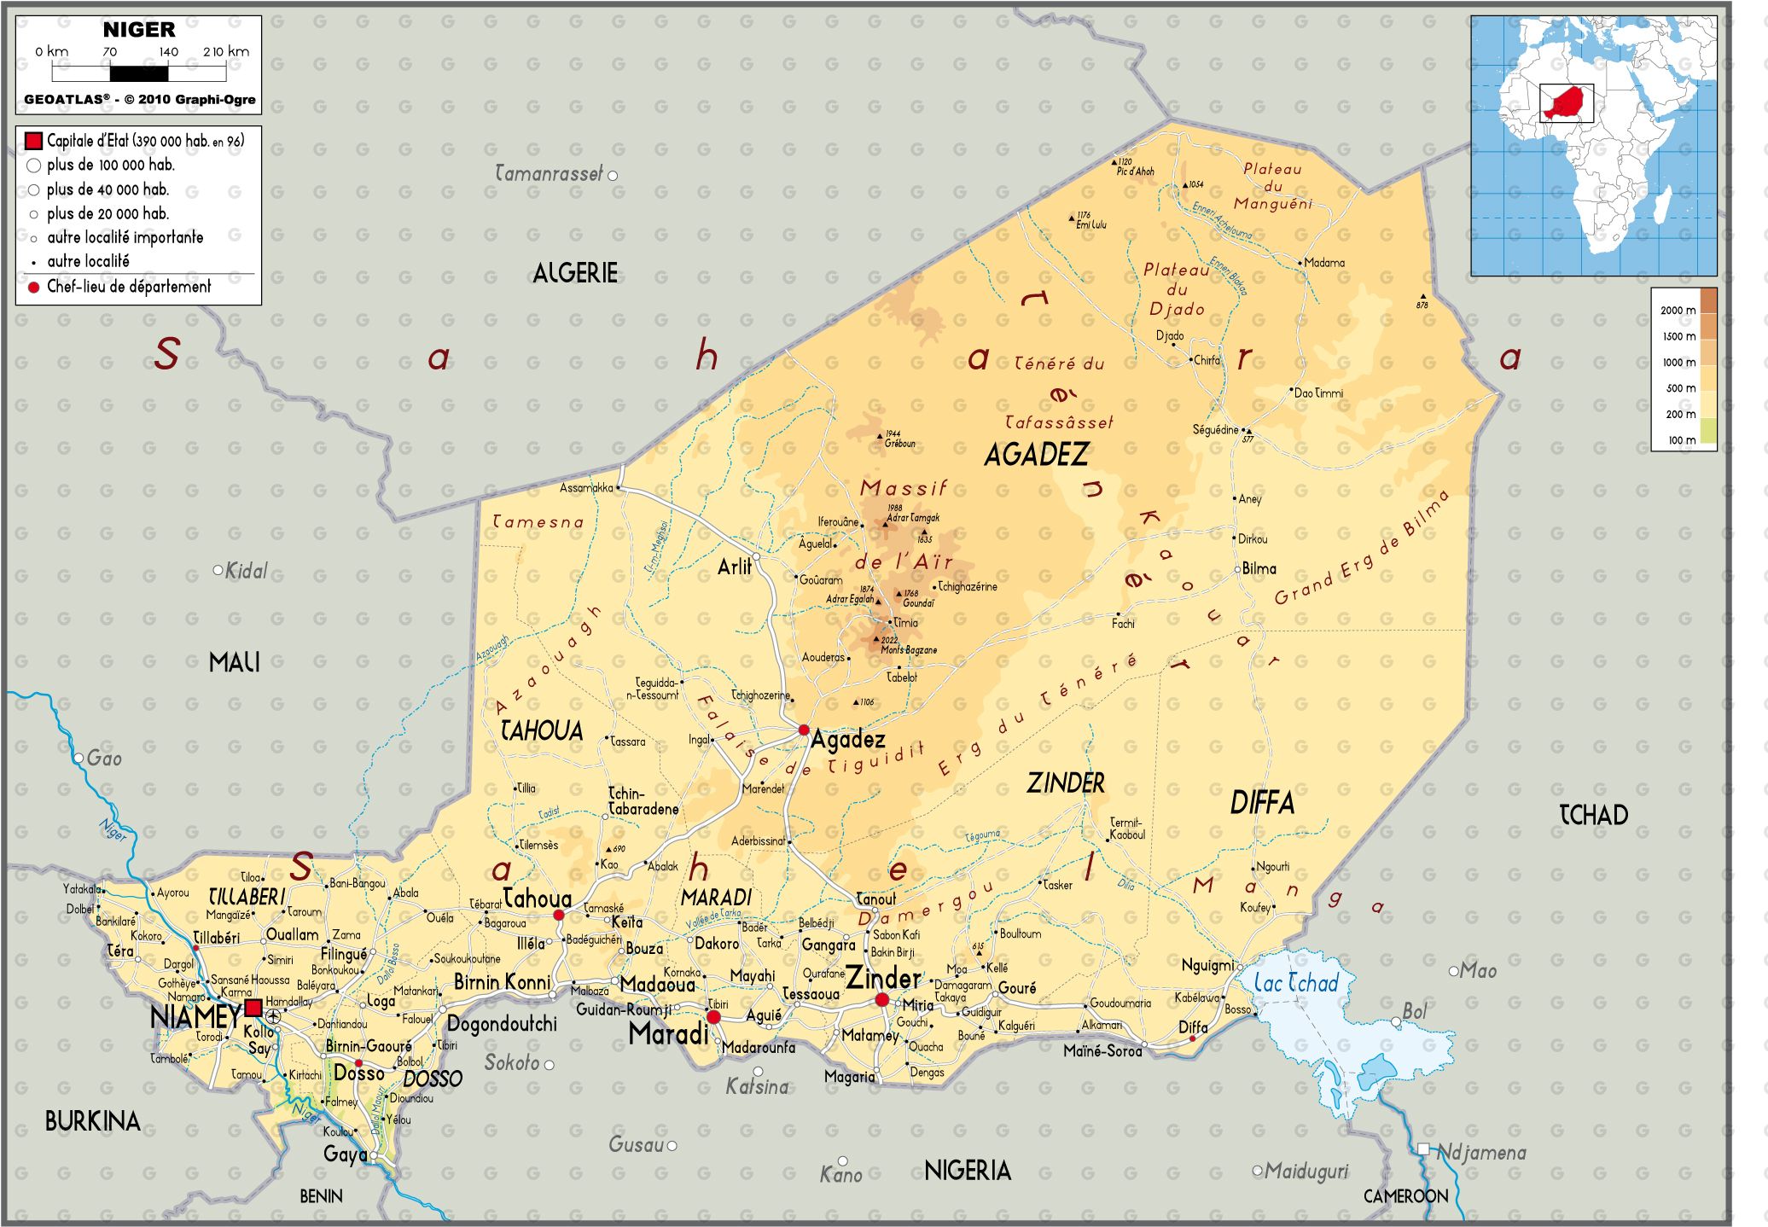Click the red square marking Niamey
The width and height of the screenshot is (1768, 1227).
click(253, 1009)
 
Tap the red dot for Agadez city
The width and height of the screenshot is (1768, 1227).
click(804, 730)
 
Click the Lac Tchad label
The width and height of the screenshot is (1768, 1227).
click(1295, 983)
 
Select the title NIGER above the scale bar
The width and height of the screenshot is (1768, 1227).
click(139, 30)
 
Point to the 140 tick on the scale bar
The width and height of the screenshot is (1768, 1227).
click(168, 52)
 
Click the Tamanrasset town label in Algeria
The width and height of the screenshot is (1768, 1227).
click(549, 174)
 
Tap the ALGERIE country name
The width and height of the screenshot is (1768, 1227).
click(575, 274)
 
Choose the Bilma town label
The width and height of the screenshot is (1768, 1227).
click(1259, 569)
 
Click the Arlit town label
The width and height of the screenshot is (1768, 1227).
click(734, 567)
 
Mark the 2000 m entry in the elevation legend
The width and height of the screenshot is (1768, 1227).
click(1678, 311)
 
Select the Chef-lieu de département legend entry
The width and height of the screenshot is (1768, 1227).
click(128, 288)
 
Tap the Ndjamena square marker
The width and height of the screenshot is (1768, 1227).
click(1423, 1150)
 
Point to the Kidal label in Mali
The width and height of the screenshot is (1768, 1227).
click(246, 571)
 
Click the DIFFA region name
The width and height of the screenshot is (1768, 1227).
click(1262, 803)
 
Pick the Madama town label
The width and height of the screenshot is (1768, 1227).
click(1324, 263)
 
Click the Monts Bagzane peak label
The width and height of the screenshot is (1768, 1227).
click(909, 650)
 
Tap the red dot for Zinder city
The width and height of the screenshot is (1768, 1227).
click(882, 1000)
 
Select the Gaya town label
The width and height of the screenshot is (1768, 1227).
click(345, 1154)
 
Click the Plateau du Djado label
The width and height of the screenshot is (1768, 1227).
click(1177, 289)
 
